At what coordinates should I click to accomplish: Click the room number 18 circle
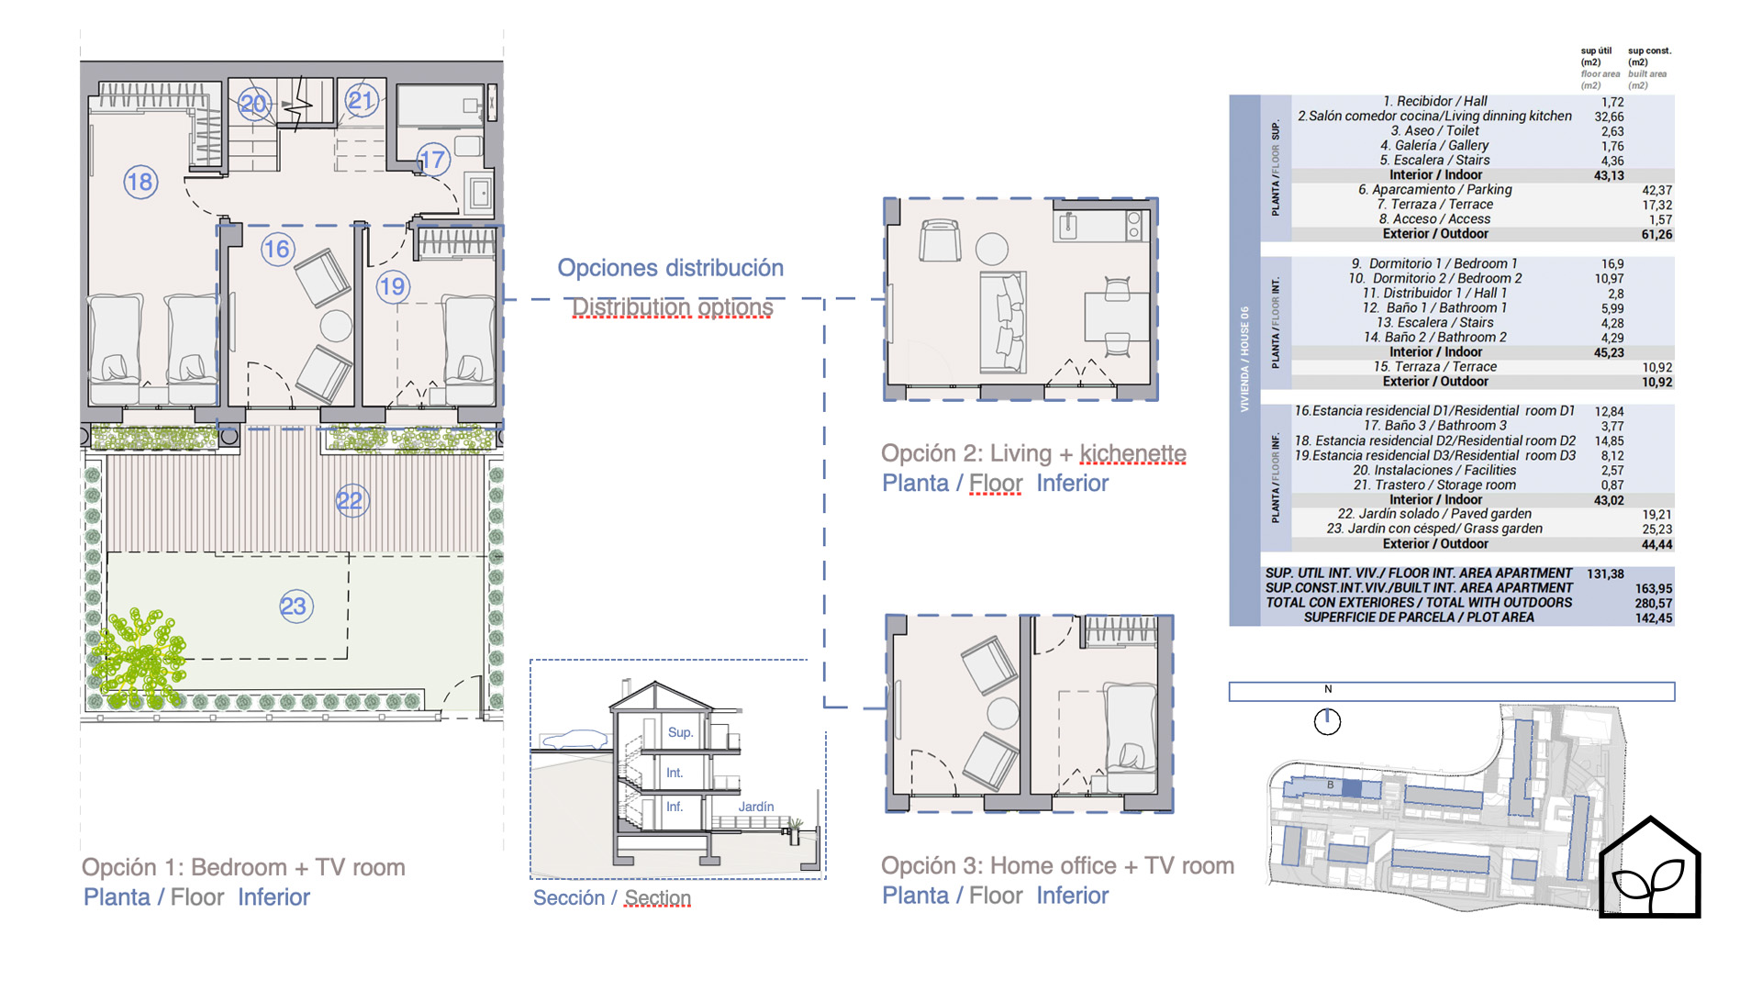[x=140, y=182]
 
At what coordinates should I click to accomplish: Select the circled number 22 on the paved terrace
[x=351, y=501]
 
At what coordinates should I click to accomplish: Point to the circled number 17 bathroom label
[x=432, y=160]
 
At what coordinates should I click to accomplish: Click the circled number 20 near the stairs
[x=253, y=104]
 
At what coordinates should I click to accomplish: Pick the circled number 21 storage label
[x=361, y=100]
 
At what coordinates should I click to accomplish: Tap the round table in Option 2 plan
[x=991, y=249]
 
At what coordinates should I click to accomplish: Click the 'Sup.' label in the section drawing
[x=680, y=732]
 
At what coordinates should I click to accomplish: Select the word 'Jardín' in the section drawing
[x=755, y=807]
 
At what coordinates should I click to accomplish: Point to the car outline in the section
[x=574, y=739]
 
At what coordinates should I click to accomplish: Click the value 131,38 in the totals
[x=1605, y=573]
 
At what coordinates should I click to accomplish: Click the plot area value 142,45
[x=1653, y=618]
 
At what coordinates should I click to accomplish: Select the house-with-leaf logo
[x=1649, y=870]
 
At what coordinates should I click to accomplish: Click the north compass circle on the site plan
[x=1327, y=721]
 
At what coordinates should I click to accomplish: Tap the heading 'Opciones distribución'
[x=670, y=268]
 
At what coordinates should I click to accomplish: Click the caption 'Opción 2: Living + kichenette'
[x=1033, y=453]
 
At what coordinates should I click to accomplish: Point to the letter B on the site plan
[x=1330, y=785]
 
